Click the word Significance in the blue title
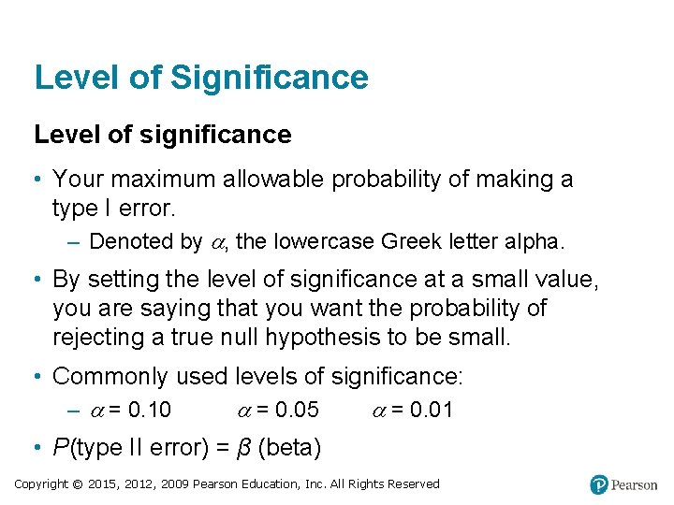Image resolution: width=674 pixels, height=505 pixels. pos(270,78)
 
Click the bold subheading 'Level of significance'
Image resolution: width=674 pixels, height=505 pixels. pos(163,136)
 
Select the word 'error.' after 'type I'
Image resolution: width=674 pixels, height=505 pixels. pos(148,207)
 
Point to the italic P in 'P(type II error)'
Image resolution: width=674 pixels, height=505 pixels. pos(61,448)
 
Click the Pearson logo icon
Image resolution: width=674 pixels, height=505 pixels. pos(599,484)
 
